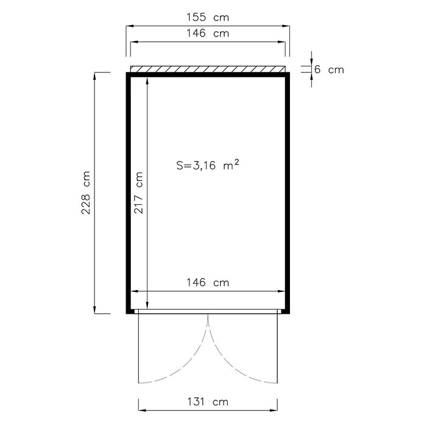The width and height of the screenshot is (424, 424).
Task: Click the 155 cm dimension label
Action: (208, 17)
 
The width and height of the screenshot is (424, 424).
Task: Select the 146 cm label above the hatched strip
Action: (208, 34)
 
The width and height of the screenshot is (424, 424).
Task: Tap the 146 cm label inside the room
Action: (208, 283)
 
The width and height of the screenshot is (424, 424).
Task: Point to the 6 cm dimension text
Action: (329, 69)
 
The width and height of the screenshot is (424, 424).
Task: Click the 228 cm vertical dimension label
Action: (86, 193)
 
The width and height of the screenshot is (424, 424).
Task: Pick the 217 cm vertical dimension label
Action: (138, 193)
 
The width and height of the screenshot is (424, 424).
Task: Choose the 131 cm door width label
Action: (208, 402)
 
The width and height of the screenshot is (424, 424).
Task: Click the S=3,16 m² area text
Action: (208, 164)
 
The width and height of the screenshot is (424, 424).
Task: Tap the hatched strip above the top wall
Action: (208, 69)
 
